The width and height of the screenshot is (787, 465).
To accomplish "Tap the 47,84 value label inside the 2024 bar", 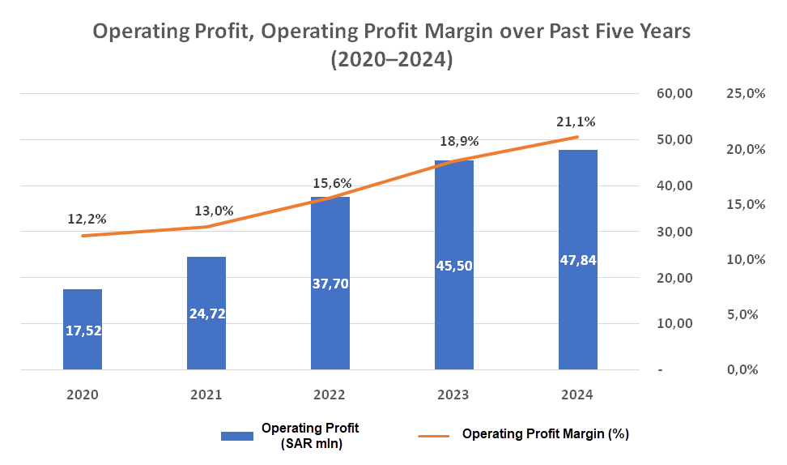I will [x=578, y=260].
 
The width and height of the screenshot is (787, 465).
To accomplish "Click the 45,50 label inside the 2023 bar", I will [x=454, y=266].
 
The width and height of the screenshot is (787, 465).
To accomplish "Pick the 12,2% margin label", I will [x=87, y=219].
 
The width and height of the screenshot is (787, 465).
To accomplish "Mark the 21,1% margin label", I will [x=576, y=122].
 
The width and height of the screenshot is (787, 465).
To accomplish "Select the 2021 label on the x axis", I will [x=206, y=395].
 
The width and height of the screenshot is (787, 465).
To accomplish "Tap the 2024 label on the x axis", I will [x=578, y=395].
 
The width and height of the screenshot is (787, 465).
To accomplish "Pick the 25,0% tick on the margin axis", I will [x=747, y=94].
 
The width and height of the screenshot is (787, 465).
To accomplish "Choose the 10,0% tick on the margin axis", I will [x=747, y=259].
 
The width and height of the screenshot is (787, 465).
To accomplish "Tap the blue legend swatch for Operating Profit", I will [x=237, y=436].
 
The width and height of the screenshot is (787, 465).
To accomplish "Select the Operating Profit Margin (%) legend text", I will [x=546, y=434].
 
